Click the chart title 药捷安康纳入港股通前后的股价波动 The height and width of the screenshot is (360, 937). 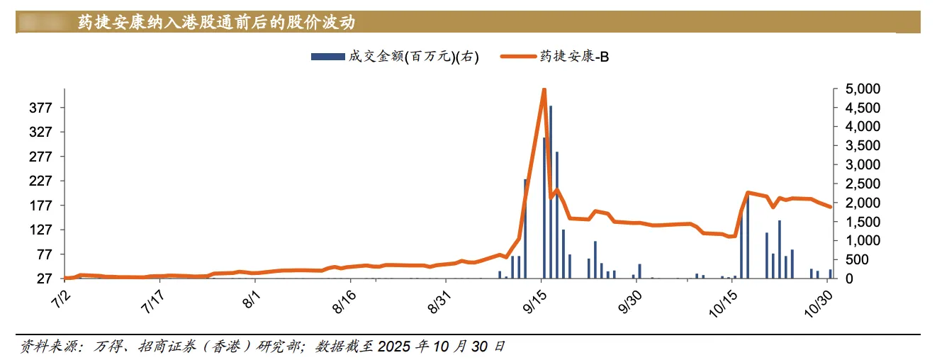[x=216, y=22]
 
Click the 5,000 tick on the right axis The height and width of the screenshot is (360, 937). [x=860, y=89]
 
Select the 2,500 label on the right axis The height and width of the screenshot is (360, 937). [x=860, y=184]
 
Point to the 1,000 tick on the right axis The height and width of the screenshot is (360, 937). [x=860, y=241]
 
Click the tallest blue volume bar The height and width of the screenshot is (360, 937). [x=551, y=191]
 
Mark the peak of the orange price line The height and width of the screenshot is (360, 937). [x=544, y=89]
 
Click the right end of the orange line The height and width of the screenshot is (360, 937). [x=830, y=206]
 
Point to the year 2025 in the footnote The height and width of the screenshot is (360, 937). [x=395, y=347]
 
